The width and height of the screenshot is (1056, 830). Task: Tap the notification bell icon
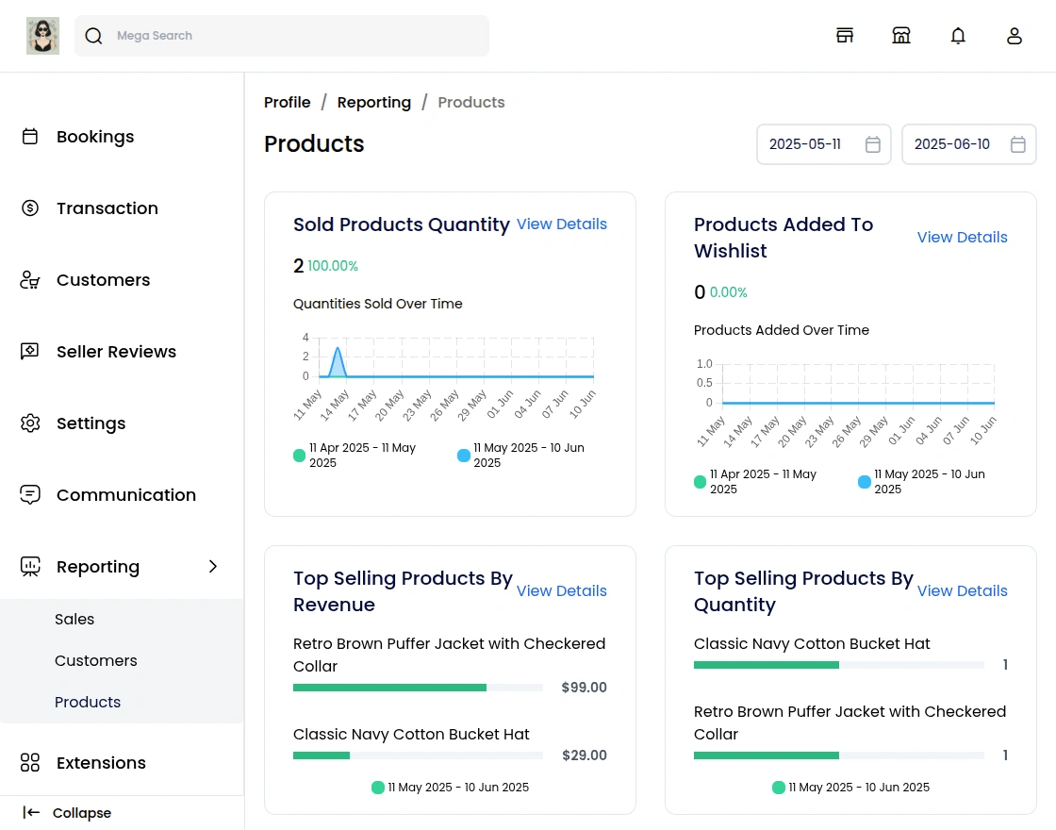point(958,36)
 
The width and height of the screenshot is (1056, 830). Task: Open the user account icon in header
point(1015,36)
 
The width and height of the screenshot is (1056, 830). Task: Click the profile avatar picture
point(42,36)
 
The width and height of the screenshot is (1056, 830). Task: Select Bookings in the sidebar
point(94,137)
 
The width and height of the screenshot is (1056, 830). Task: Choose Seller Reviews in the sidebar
point(116,352)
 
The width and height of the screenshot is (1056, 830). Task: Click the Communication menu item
point(125,495)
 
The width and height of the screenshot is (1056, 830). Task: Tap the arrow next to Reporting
point(213,567)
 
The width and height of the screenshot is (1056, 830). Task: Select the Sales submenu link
point(74,620)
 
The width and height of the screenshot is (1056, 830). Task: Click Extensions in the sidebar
point(101,763)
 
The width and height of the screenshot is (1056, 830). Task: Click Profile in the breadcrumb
point(287,103)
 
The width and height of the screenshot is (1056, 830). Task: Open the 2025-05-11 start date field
point(806,144)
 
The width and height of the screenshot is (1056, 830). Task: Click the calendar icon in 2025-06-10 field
point(1018,144)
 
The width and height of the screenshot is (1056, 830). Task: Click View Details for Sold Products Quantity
point(561,224)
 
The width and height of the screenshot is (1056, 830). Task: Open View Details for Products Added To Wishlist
point(962,238)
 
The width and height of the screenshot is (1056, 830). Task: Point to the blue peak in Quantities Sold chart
point(337,351)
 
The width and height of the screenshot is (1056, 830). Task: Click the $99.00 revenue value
point(584,688)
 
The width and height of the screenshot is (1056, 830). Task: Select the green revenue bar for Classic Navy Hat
point(322,755)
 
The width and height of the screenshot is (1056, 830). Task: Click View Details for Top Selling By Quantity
point(962,591)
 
